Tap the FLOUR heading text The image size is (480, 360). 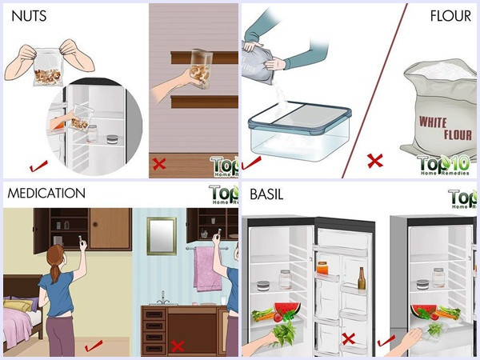[450, 15]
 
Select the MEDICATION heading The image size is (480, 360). [45, 193]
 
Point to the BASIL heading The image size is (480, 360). [266, 193]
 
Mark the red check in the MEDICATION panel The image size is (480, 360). [92, 344]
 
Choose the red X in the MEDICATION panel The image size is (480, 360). [177, 346]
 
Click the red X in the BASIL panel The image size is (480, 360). [348, 339]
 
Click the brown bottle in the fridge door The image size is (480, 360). [362, 278]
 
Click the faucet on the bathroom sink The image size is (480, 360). [163, 297]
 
